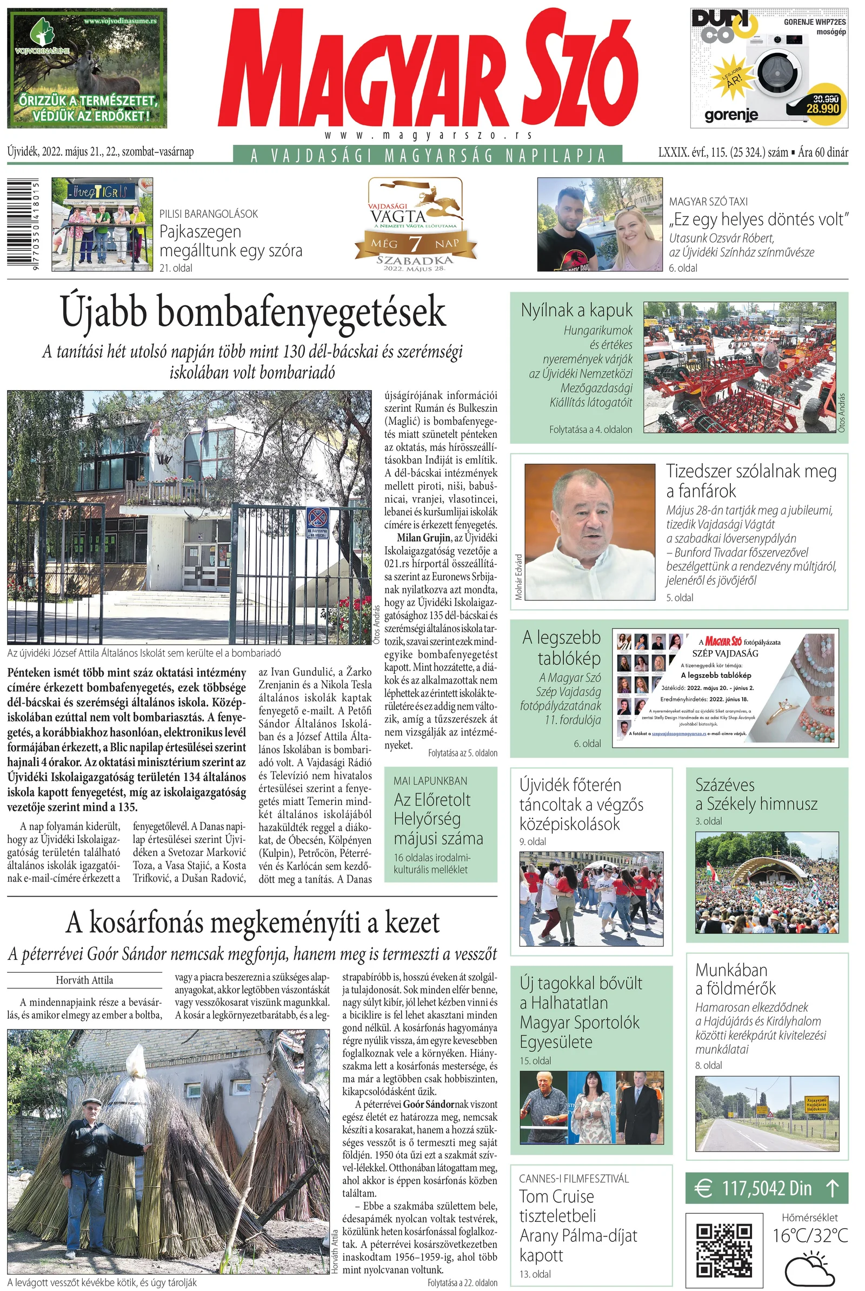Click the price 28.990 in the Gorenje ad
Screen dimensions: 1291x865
point(822,109)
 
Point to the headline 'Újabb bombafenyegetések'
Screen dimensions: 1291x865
point(252,313)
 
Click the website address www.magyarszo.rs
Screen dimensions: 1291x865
point(428,135)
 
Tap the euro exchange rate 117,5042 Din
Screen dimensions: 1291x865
point(766,1188)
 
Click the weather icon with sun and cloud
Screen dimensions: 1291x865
point(809,1268)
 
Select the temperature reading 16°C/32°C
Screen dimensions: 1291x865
point(809,1236)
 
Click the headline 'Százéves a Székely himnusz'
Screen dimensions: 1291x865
point(756,794)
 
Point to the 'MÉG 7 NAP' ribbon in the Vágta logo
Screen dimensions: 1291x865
point(415,243)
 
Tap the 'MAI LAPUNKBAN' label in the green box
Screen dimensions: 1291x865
point(430,781)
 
